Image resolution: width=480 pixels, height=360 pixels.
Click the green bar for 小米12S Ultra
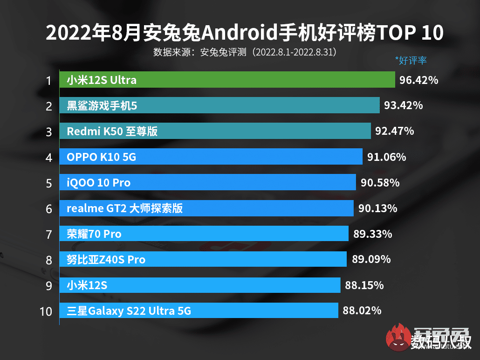227,80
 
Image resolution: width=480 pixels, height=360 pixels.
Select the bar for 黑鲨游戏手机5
219,105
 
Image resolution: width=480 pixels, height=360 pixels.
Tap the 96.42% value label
419,80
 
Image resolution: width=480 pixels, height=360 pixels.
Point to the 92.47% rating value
395,131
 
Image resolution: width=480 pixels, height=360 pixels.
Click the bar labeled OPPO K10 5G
211,157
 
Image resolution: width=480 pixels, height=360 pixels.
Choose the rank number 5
49,183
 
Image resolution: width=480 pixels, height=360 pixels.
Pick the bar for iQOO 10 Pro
207,182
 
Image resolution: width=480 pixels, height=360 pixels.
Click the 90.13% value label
378,208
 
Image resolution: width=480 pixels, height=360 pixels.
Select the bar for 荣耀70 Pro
204,234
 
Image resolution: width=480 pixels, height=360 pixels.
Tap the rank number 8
49,260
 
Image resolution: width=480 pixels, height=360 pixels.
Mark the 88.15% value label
364,285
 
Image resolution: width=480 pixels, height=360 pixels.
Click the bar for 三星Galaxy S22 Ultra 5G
199,311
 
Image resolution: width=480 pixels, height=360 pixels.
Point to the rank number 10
46,311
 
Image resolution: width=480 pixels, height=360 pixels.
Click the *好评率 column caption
411,60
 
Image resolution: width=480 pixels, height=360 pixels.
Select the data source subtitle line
245,51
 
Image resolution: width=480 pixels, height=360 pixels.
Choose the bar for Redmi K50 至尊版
215,131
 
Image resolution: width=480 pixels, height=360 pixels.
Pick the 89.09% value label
371,259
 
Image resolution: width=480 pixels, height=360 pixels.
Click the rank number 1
48,81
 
